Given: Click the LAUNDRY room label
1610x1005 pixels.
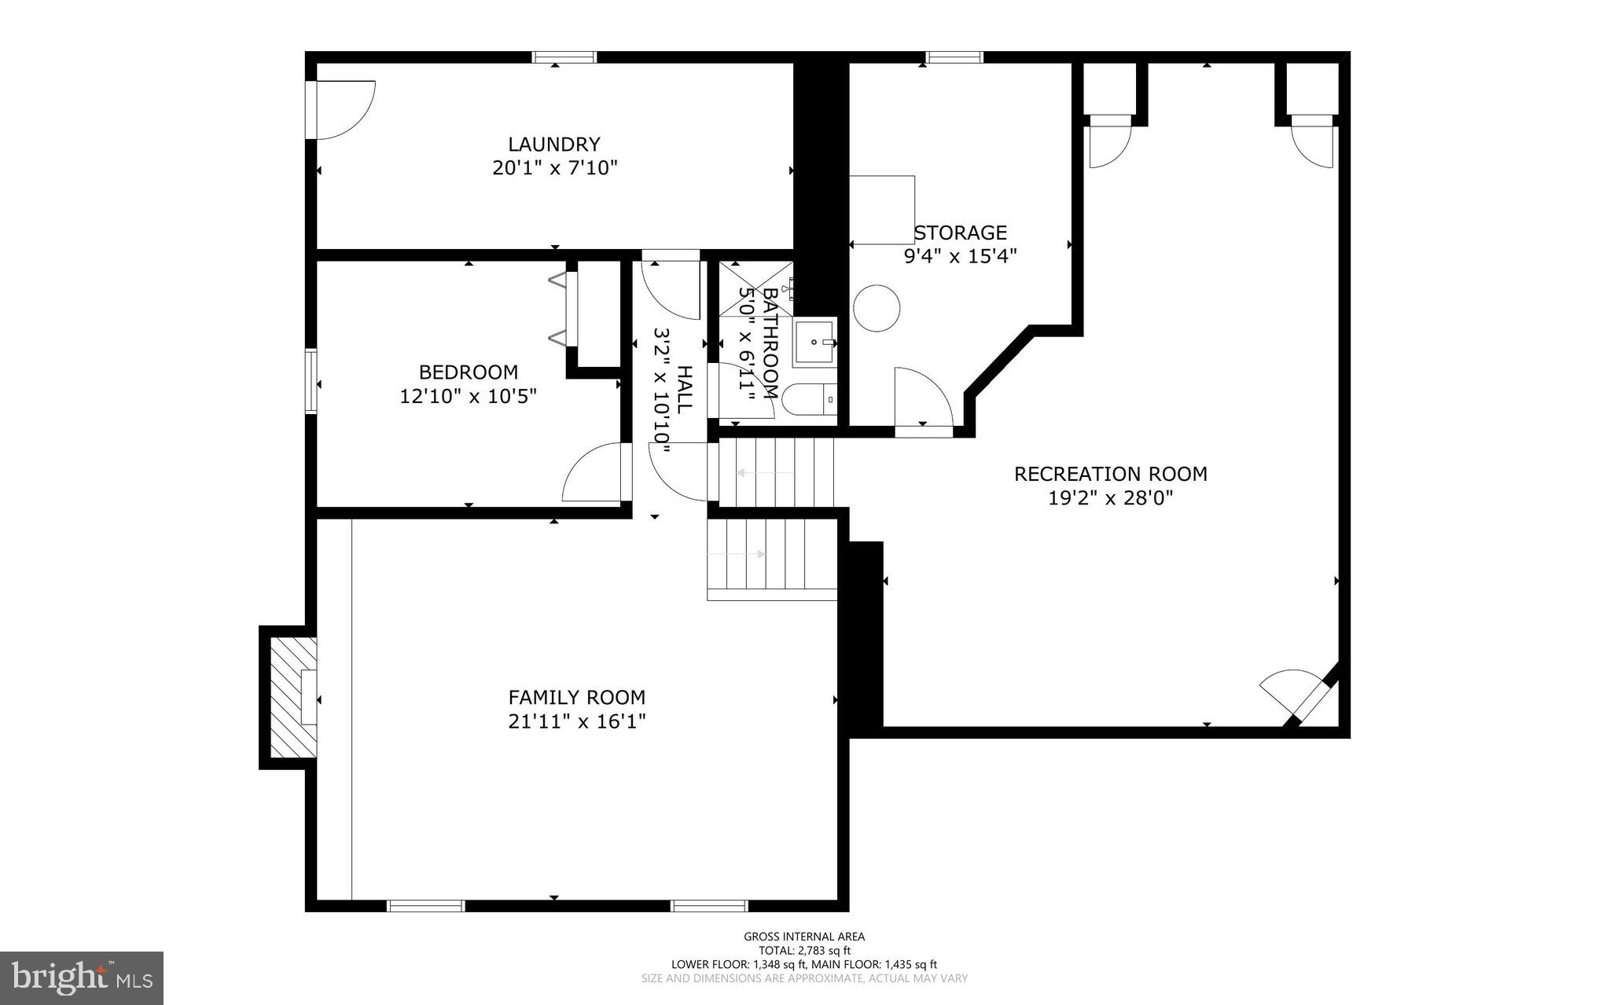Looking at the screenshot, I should tap(554, 145).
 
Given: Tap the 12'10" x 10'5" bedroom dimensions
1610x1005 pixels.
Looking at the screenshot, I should tap(469, 396).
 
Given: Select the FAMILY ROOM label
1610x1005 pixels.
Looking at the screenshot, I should tap(577, 697).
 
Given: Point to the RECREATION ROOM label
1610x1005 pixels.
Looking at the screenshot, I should tap(1110, 474).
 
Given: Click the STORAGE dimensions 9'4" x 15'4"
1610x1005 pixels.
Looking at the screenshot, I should tap(961, 256).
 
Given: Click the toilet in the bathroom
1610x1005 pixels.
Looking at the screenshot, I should tap(810, 399).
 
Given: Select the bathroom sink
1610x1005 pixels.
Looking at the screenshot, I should tap(814, 343).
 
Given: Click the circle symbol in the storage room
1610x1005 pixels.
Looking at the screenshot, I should tap(877, 308).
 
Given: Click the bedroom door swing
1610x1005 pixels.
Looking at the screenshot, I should tap(594, 473).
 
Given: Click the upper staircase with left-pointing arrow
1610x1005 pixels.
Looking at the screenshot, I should tap(774, 472).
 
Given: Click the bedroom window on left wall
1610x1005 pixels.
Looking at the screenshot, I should tap(311, 381).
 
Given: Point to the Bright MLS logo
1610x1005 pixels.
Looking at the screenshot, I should tap(82, 977).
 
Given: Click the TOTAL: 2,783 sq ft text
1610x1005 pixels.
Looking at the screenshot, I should tap(804, 950).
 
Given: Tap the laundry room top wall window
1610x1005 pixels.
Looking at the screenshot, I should tap(564, 57).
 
